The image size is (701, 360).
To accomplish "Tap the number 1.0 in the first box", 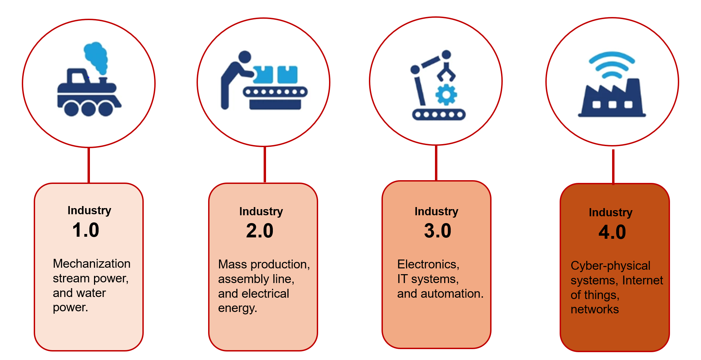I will (85, 230).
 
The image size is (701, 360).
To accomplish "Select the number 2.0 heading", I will (260, 231).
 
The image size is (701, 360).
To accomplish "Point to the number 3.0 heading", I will (437, 231).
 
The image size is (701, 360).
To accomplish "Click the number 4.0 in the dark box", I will (612, 232).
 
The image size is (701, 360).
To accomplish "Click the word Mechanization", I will (92, 264).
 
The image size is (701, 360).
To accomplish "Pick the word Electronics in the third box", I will (428, 264).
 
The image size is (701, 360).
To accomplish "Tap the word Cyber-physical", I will (610, 266).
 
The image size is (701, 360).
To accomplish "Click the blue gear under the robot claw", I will (446, 95).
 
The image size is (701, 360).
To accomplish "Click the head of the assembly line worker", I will (245, 57).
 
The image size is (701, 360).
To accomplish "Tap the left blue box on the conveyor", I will (263, 75).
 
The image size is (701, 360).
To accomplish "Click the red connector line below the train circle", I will (89, 166).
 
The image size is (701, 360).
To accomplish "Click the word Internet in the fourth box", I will (642, 280).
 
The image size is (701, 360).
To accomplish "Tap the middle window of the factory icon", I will (612, 104).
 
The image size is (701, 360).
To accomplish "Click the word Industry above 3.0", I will (436, 212).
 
